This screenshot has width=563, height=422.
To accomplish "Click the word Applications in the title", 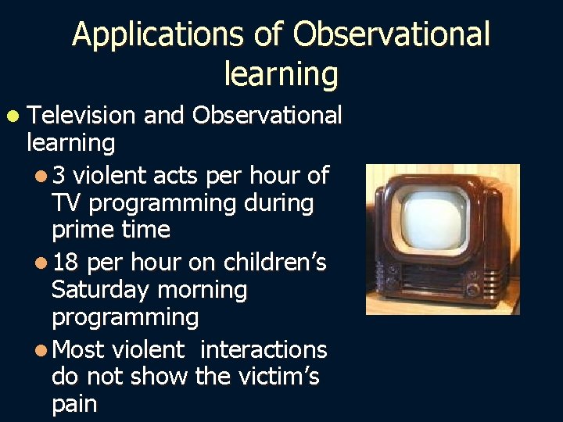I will pos(142,35).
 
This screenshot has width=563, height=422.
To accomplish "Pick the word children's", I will pos(275,263).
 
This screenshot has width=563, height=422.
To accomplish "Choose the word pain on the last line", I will pos(74,405).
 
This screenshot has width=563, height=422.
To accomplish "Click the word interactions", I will pos(264,349).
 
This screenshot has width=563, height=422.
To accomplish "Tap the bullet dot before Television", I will pos(13,116).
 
